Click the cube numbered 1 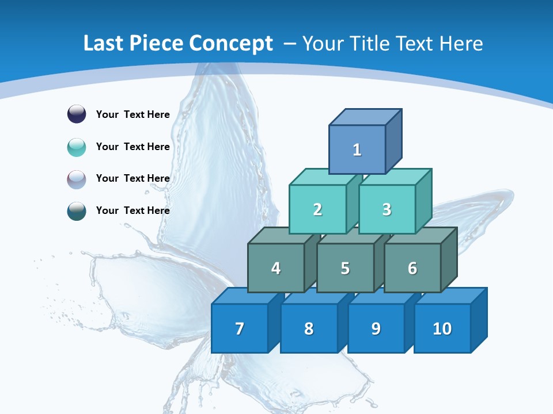pyautogui.click(x=357, y=149)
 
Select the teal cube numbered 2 pyautogui.click(x=317, y=209)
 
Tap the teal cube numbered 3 pyautogui.click(x=387, y=209)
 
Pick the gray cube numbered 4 pyautogui.click(x=276, y=268)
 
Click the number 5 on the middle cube pyautogui.click(x=345, y=269)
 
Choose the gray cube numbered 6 pyautogui.click(x=412, y=268)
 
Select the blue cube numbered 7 pyautogui.click(x=240, y=328)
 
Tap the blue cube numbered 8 pyautogui.click(x=309, y=328)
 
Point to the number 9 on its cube pyautogui.click(x=376, y=328)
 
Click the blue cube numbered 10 pyautogui.click(x=442, y=328)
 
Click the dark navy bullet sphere pyautogui.click(x=77, y=114)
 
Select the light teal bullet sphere pyautogui.click(x=77, y=147)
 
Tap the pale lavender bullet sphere pyautogui.click(x=77, y=179)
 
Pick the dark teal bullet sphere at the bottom pyautogui.click(x=77, y=210)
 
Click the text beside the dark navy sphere pyautogui.click(x=132, y=114)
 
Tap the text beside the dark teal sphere pyautogui.click(x=132, y=210)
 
